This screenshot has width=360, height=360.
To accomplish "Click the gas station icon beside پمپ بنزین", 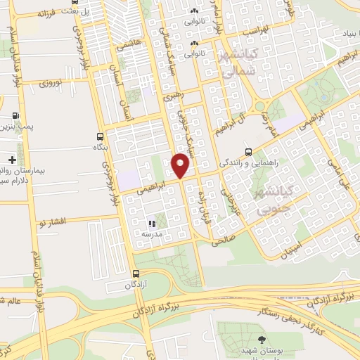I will [16, 116].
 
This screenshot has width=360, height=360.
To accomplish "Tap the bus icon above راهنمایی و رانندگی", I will [248, 151].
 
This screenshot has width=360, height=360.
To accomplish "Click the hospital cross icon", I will [12, 161].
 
